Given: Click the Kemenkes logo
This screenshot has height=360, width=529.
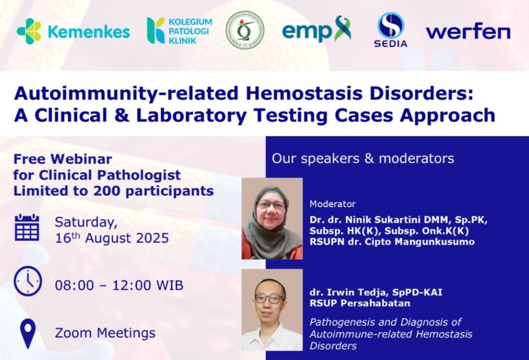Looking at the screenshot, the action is coord(73,31).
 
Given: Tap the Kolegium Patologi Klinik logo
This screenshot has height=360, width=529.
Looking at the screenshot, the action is coord(180,31).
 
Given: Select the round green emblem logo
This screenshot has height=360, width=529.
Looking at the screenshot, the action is coord(245,30).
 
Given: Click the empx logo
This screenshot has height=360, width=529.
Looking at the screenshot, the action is coord(316,29).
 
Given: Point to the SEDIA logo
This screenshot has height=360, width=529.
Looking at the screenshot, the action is coord(391,30).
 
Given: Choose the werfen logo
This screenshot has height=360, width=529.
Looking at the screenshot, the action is coord(468,32).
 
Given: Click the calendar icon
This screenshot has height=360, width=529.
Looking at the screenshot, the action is coord(27,227).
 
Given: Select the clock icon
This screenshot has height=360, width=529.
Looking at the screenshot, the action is coord(28,281).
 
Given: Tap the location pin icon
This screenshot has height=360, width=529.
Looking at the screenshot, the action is coord(28,333).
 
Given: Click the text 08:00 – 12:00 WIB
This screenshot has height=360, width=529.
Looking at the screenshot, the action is coord(119,286).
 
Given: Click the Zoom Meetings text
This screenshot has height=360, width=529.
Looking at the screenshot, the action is coord(105,333).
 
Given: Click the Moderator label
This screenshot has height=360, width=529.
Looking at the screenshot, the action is coord(333,204).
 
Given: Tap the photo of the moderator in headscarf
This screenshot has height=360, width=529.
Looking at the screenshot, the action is coord(272,218).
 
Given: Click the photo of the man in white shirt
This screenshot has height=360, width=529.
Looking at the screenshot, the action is coord(272,310).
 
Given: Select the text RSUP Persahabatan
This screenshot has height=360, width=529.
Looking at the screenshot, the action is coord(360,303).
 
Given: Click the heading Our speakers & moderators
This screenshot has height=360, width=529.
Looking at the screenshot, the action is coord(363,159).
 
